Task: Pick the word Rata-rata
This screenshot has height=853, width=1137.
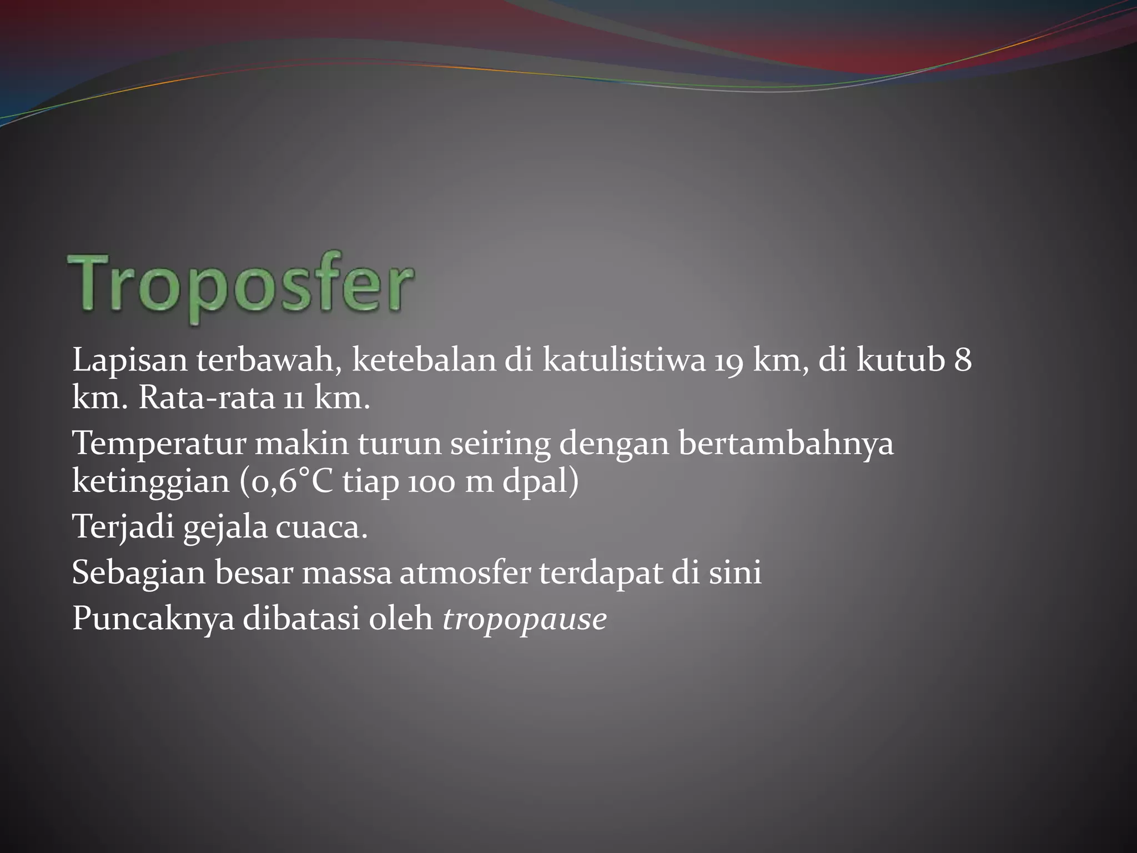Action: pos(206,398)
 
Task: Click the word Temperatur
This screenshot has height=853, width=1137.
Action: pos(159,444)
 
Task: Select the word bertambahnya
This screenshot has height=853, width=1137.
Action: pos(786,444)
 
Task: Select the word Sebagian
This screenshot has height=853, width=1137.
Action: pos(139,573)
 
